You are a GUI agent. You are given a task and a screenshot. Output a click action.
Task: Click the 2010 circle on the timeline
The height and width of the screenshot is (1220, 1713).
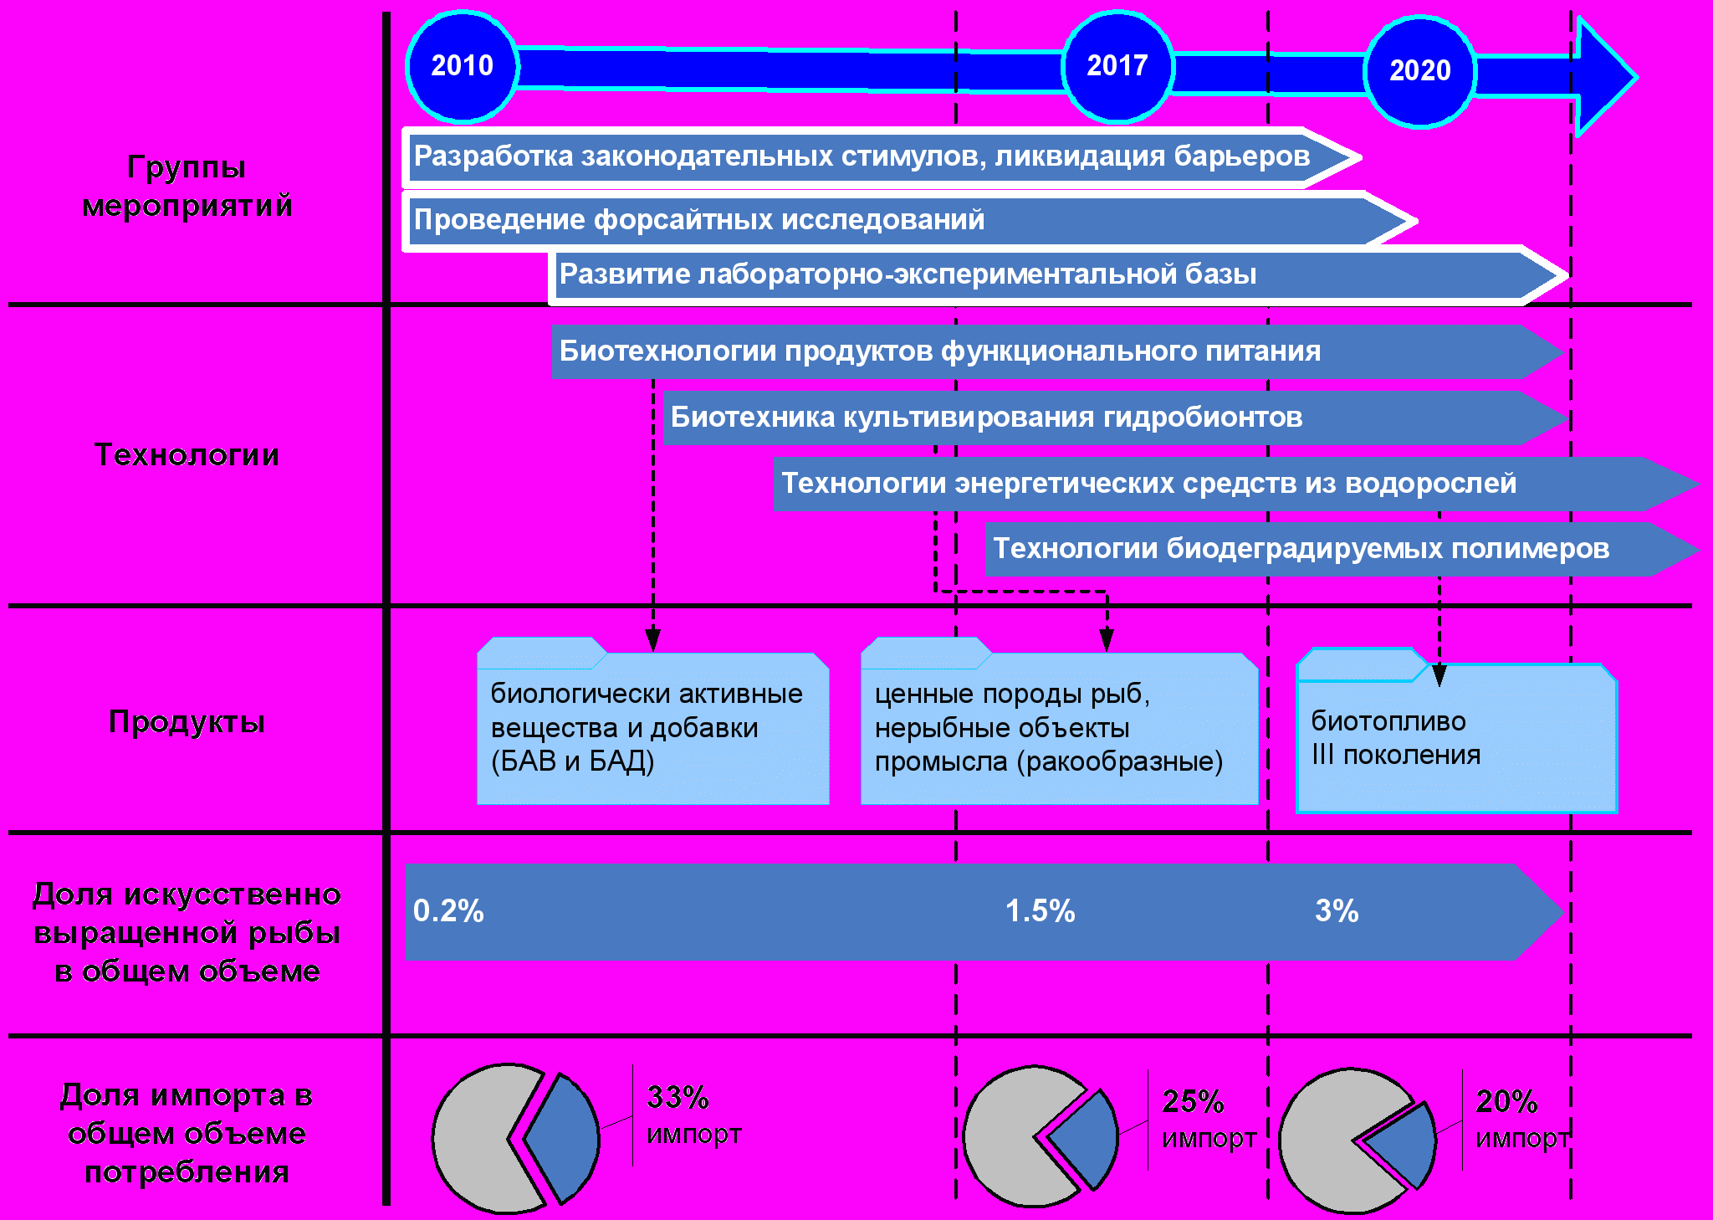tap(462, 65)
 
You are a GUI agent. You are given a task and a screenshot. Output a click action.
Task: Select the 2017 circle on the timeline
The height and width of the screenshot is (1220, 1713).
tap(1117, 66)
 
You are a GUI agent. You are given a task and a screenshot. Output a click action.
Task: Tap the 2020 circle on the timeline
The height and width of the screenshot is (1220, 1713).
tap(1420, 71)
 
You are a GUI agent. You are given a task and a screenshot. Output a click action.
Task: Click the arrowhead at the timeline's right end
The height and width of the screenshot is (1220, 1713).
tap(1603, 77)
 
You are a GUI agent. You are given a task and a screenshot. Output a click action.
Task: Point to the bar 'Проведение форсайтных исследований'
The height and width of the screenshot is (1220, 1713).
tap(909, 221)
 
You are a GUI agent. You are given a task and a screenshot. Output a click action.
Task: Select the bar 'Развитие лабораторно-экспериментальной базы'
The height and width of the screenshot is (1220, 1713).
tap(1058, 274)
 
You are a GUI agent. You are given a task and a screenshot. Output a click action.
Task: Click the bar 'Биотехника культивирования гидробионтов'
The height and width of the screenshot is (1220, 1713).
tap(1116, 418)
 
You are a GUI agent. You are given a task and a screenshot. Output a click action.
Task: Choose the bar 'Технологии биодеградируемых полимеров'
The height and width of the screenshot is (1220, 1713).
tap(1342, 550)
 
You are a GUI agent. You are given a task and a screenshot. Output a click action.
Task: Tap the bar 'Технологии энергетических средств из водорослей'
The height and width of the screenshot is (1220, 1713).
tap(1236, 484)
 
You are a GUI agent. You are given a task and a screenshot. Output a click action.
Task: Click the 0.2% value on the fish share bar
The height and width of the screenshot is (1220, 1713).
tap(448, 911)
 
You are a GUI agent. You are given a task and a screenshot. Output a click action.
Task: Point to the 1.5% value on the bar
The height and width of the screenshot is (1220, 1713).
tap(1040, 911)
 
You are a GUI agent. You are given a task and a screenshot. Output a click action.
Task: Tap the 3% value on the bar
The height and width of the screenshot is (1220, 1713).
tap(1337, 911)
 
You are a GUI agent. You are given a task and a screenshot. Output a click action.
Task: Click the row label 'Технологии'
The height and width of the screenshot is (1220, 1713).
tap(187, 455)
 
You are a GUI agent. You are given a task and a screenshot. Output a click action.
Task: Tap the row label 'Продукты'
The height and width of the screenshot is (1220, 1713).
tap(187, 722)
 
